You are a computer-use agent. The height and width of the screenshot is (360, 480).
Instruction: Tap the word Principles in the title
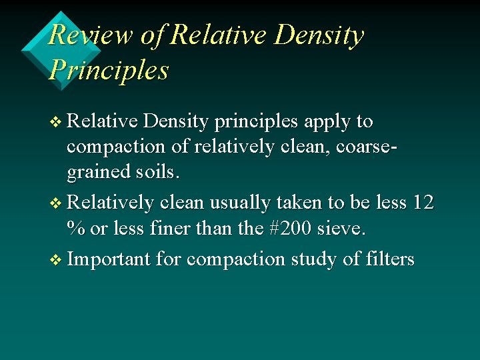coord(109,69)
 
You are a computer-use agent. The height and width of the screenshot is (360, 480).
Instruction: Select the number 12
coord(423,203)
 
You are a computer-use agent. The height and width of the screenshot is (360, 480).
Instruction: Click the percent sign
coord(75,229)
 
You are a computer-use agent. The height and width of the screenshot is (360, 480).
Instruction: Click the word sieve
coord(341,229)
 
